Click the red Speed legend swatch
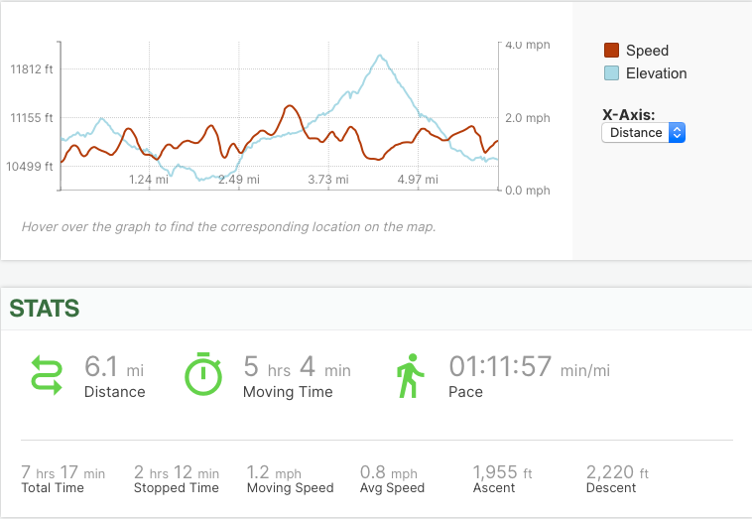point(612,51)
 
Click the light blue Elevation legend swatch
point(612,73)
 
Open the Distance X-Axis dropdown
point(643,132)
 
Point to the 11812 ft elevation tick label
point(32,69)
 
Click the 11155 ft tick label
point(32,118)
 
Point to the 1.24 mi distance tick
point(149,180)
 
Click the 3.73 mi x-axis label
point(327,180)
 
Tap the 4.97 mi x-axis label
point(417,180)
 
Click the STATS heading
point(45,309)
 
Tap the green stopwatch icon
point(203,375)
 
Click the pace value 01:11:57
point(500,367)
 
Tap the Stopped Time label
point(177,488)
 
